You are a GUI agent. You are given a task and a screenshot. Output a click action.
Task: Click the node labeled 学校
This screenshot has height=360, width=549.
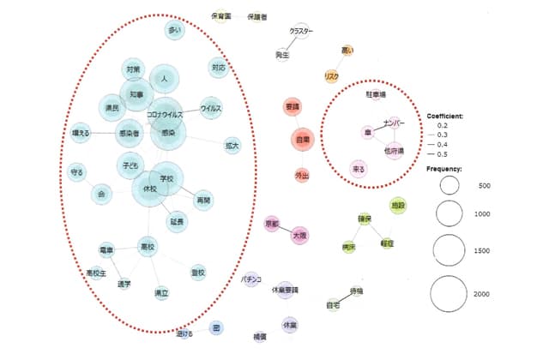(x=166, y=178)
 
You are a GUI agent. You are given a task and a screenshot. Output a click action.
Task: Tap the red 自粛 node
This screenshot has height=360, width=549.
(x=302, y=138)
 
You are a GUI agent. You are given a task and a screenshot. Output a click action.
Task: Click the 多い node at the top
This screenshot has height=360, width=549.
(x=175, y=31)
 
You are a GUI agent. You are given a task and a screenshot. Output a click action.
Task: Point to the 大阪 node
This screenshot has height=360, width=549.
(x=299, y=233)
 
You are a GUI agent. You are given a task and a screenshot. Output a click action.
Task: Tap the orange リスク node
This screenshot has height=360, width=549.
(x=331, y=76)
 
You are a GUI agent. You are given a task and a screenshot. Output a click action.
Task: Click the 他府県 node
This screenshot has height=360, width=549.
(x=395, y=152)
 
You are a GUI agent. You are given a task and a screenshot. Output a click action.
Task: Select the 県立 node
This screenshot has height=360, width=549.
(x=160, y=293)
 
